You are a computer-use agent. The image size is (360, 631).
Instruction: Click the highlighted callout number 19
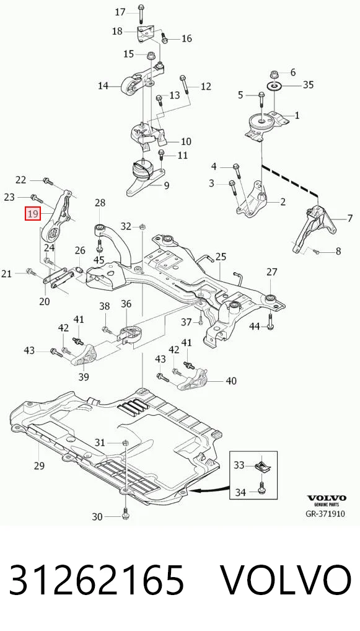(33, 213)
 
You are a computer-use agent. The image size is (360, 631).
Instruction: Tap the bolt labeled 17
(141, 14)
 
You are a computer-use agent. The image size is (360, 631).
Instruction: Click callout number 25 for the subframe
(221, 257)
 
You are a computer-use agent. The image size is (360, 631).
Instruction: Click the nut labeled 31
(125, 443)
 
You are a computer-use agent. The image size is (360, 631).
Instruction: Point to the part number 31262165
(96, 580)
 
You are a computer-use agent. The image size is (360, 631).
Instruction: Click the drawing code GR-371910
(325, 513)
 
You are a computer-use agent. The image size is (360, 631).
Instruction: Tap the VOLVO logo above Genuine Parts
(326, 498)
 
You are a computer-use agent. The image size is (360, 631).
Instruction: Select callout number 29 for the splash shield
(38, 466)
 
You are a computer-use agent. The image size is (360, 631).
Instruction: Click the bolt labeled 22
(48, 182)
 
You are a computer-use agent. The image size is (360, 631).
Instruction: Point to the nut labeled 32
(142, 227)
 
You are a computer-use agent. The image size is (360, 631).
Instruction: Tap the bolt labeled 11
(161, 154)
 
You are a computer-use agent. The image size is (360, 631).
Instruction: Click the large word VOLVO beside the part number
(286, 580)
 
